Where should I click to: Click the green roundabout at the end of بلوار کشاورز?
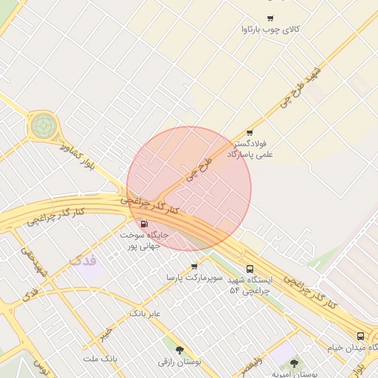43,126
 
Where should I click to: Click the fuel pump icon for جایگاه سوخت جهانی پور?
143,224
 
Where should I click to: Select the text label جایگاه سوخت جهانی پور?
145,239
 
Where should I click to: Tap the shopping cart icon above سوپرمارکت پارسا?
194,266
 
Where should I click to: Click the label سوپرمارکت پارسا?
194,278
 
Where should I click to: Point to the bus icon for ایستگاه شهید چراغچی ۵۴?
250,269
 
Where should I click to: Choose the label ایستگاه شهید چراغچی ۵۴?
250,286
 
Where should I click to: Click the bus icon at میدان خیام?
360,336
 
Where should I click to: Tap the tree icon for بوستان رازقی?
179,350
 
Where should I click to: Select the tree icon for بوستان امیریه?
295,363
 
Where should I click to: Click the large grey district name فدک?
82,260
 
